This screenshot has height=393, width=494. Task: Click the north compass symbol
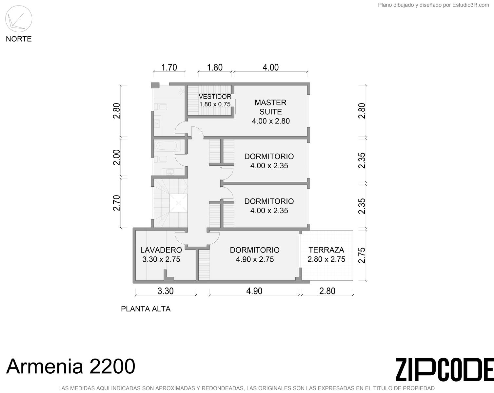click(x=19, y=19)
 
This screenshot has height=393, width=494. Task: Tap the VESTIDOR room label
click(x=215, y=97)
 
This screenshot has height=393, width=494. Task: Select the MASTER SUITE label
click(x=271, y=107)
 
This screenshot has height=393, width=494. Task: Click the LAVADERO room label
click(x=161, y=250)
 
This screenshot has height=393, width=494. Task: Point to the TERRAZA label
click(x=326, y=250)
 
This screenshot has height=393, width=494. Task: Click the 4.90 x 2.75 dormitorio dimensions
click(x=255, y=259)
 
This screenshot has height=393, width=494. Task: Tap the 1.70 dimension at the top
click(x=169, y=67)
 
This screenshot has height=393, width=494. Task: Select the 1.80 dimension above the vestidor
click(x=215, y=67)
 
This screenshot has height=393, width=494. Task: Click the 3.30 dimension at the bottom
click(x=166, y=291)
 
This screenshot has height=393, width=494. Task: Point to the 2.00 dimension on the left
click(x=117, y=158)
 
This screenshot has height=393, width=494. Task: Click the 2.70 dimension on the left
click(x=117, y=203)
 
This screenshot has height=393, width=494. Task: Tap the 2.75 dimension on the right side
click(x=362, y=255)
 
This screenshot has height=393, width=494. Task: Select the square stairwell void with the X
click(x=178, y=203)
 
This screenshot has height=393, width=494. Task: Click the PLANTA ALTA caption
click(x=146, y=309)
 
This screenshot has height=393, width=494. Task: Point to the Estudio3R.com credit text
click(x=433, y=5)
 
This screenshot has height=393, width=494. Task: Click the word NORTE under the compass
click(x=19, y=39)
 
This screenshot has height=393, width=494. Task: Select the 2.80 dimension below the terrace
click(x=327, y=291)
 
